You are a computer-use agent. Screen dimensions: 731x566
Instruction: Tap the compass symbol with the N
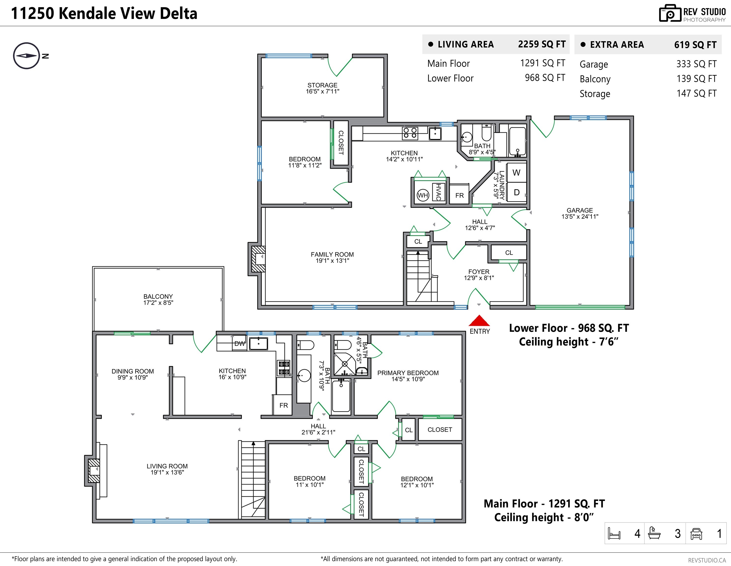[27, 56]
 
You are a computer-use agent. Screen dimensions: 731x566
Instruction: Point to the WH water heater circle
[423, 195]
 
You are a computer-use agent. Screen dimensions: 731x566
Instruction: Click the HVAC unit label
[438, 192]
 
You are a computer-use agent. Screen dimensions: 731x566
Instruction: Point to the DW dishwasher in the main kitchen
[239, 343]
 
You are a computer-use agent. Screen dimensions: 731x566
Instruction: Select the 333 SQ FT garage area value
[696, 64]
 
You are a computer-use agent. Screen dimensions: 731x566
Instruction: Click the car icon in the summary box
[696, 534]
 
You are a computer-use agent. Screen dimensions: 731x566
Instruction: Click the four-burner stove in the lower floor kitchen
[410, 133]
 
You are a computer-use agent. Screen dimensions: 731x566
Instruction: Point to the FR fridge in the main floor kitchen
[283, 405]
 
